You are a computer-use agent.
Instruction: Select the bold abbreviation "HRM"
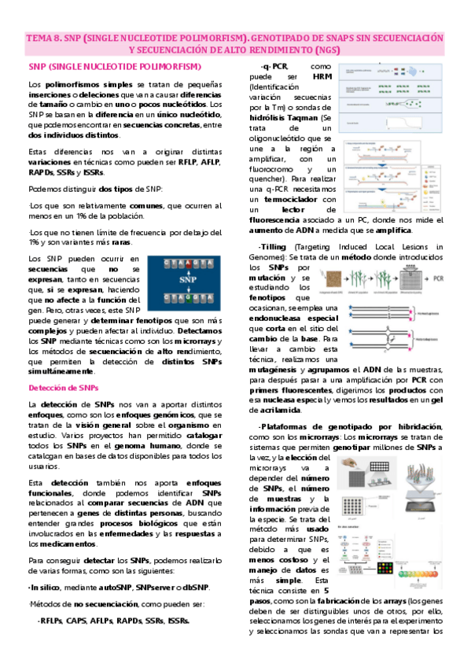[x=322, y=77]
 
